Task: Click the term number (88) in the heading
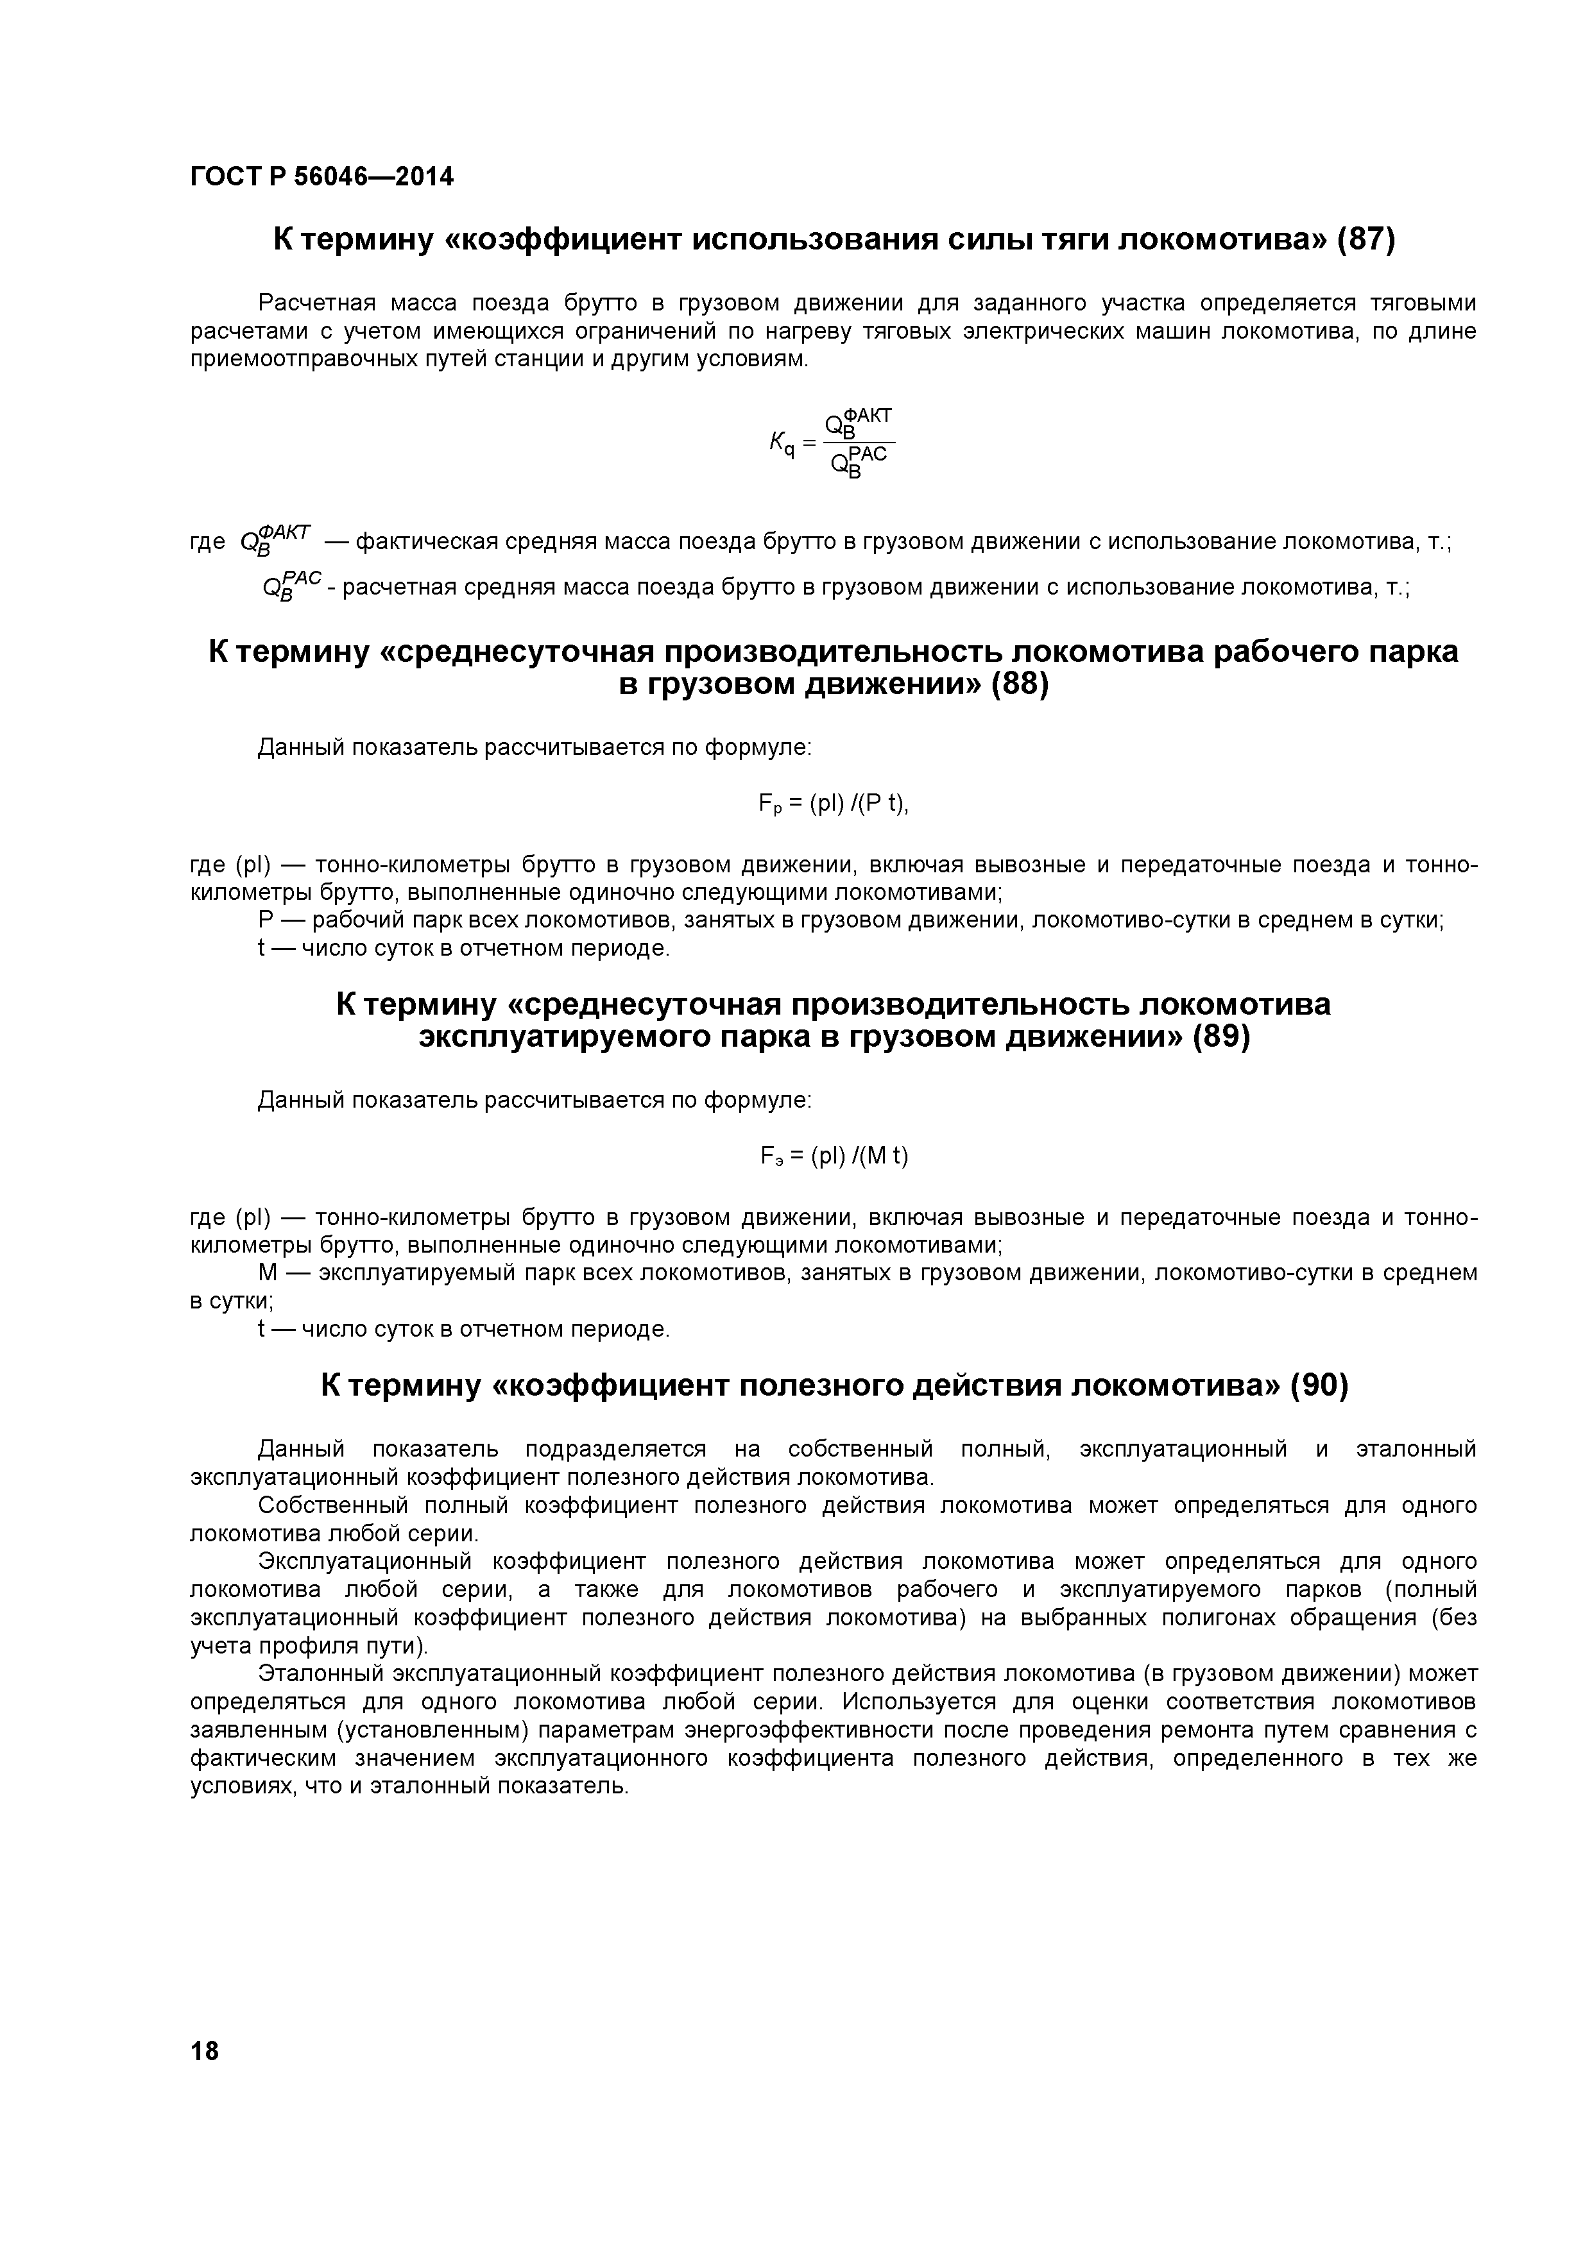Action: click(x=1020, y=684)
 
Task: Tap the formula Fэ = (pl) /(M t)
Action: click(x=834, y=1157)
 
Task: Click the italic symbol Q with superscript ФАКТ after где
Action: click(x=275, y=538)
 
